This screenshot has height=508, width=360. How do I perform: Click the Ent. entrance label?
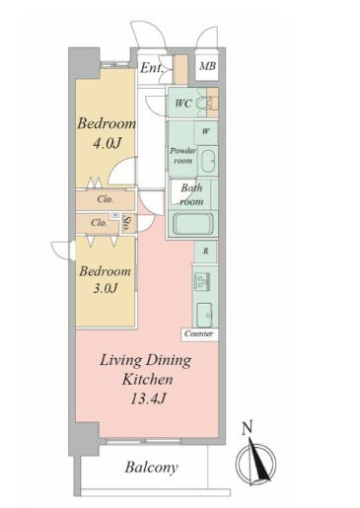coord(152,68)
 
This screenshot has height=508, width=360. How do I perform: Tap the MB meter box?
coord(207,66)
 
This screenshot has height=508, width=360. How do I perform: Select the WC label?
coord(183,104)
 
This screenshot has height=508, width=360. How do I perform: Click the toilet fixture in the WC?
coord(202,104)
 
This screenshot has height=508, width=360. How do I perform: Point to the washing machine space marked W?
coord(206,132)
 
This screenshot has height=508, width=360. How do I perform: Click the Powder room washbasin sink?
coord(207,161)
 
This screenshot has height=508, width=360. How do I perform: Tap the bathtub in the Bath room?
coord(193,224)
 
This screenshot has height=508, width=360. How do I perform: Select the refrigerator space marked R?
coord(205,252)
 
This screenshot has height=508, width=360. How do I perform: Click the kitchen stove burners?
coord(202,281)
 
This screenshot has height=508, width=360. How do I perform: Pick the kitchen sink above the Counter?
coord(205,315)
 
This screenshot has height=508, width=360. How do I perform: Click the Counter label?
coord(199,333)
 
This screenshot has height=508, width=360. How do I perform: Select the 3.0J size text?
coord(106,288)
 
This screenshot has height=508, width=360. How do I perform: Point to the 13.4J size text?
coord(148,399)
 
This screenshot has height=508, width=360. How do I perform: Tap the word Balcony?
coord(152,468)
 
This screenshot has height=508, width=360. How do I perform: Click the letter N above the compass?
coord(248,428)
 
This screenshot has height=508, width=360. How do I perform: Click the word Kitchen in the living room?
coord(147,380)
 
